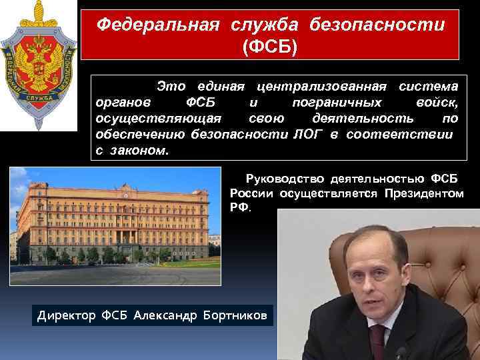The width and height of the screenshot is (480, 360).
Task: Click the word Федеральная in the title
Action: click(158, 25)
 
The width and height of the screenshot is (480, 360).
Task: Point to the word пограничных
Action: click(337, 103)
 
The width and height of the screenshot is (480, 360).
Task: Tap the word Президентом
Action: click(423, 193)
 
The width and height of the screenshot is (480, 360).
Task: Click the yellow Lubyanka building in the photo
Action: click(113, 213)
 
